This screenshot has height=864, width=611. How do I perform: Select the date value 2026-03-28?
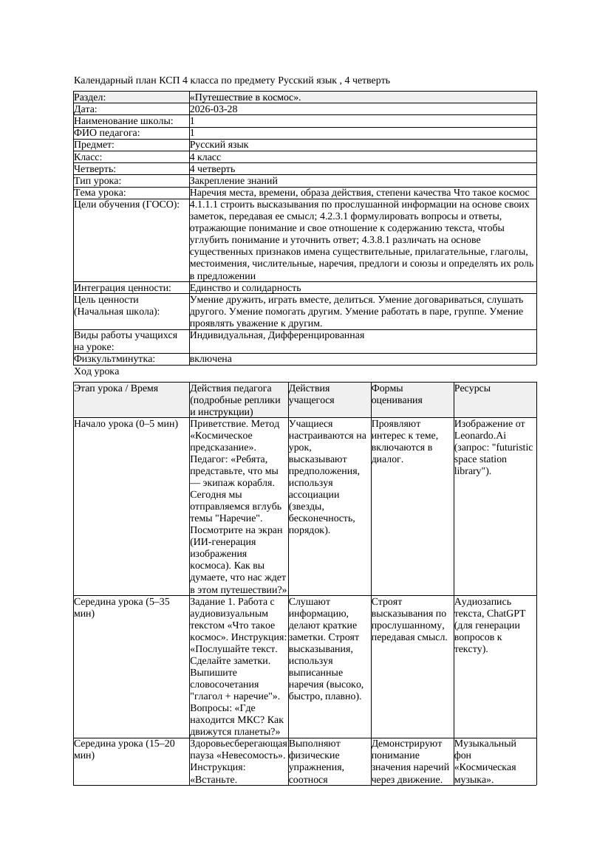coord(214,109)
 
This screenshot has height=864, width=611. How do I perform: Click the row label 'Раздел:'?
coord(90,97)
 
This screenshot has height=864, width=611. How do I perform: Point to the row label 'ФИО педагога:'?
coord(107,133)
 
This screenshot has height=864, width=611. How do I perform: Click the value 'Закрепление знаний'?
coord(233,180)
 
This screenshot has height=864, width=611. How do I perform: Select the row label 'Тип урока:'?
coord(98,180)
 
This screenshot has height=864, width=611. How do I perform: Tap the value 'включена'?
coord(211,359)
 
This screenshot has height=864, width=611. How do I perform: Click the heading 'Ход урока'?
coord(96,372)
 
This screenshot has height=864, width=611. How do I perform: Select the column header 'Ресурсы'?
coord(473,388)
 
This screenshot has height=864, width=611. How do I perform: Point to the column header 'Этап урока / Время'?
coord(116,388)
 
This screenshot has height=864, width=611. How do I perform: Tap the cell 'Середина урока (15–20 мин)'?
coord(124,749)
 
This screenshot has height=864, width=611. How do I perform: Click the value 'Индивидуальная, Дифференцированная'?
coord(277,335)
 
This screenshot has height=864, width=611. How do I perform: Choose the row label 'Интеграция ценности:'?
coord(123,287)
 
